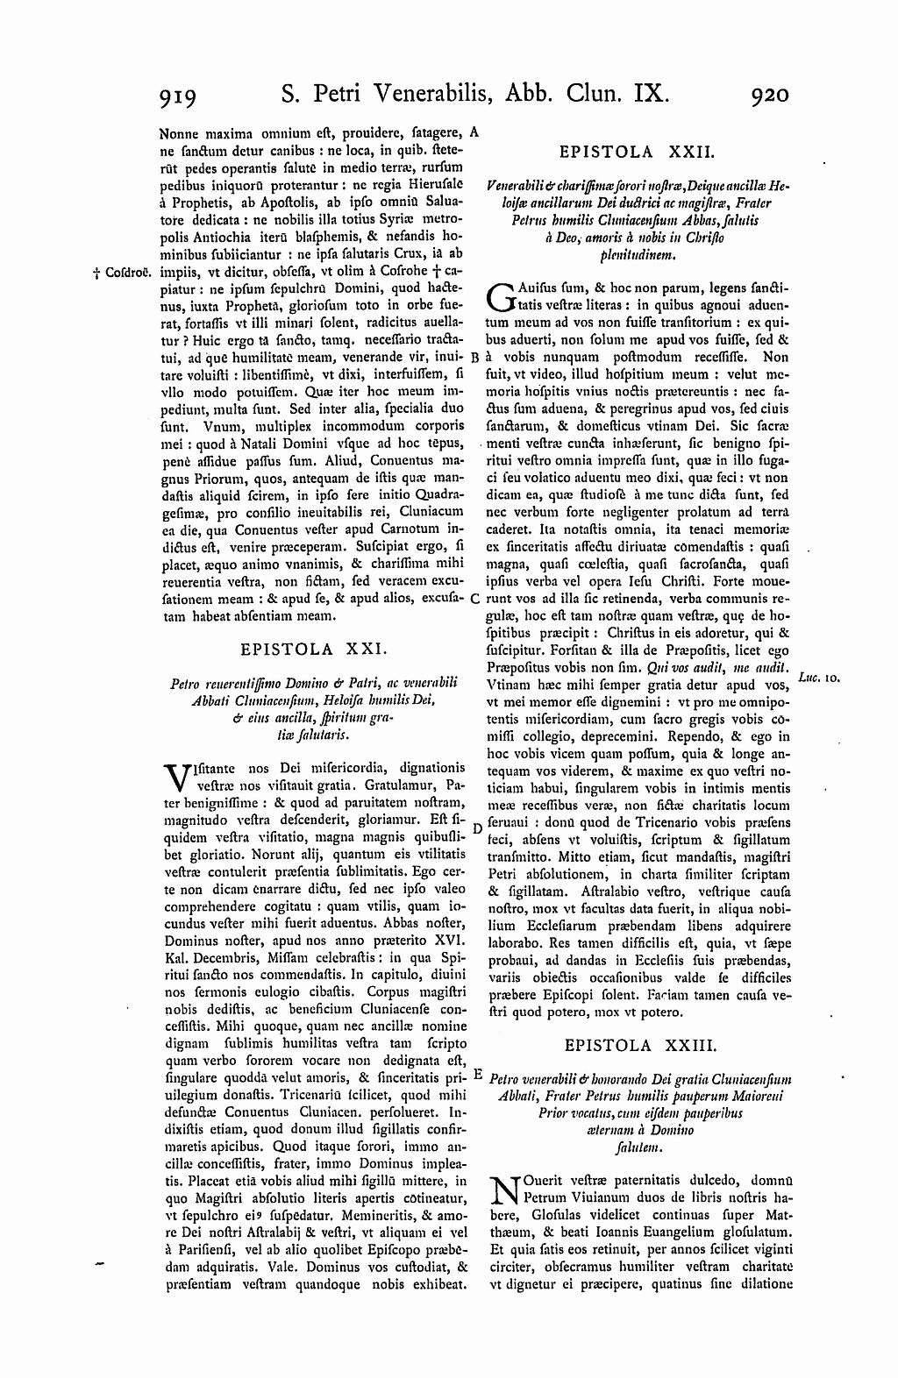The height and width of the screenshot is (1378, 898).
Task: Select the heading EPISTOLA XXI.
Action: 311,650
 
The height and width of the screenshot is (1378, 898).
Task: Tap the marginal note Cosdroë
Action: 121,273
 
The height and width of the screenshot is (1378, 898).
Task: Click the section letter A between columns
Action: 474,132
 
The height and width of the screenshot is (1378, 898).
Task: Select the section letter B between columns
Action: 473,358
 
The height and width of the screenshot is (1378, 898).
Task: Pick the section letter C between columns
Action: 474,599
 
